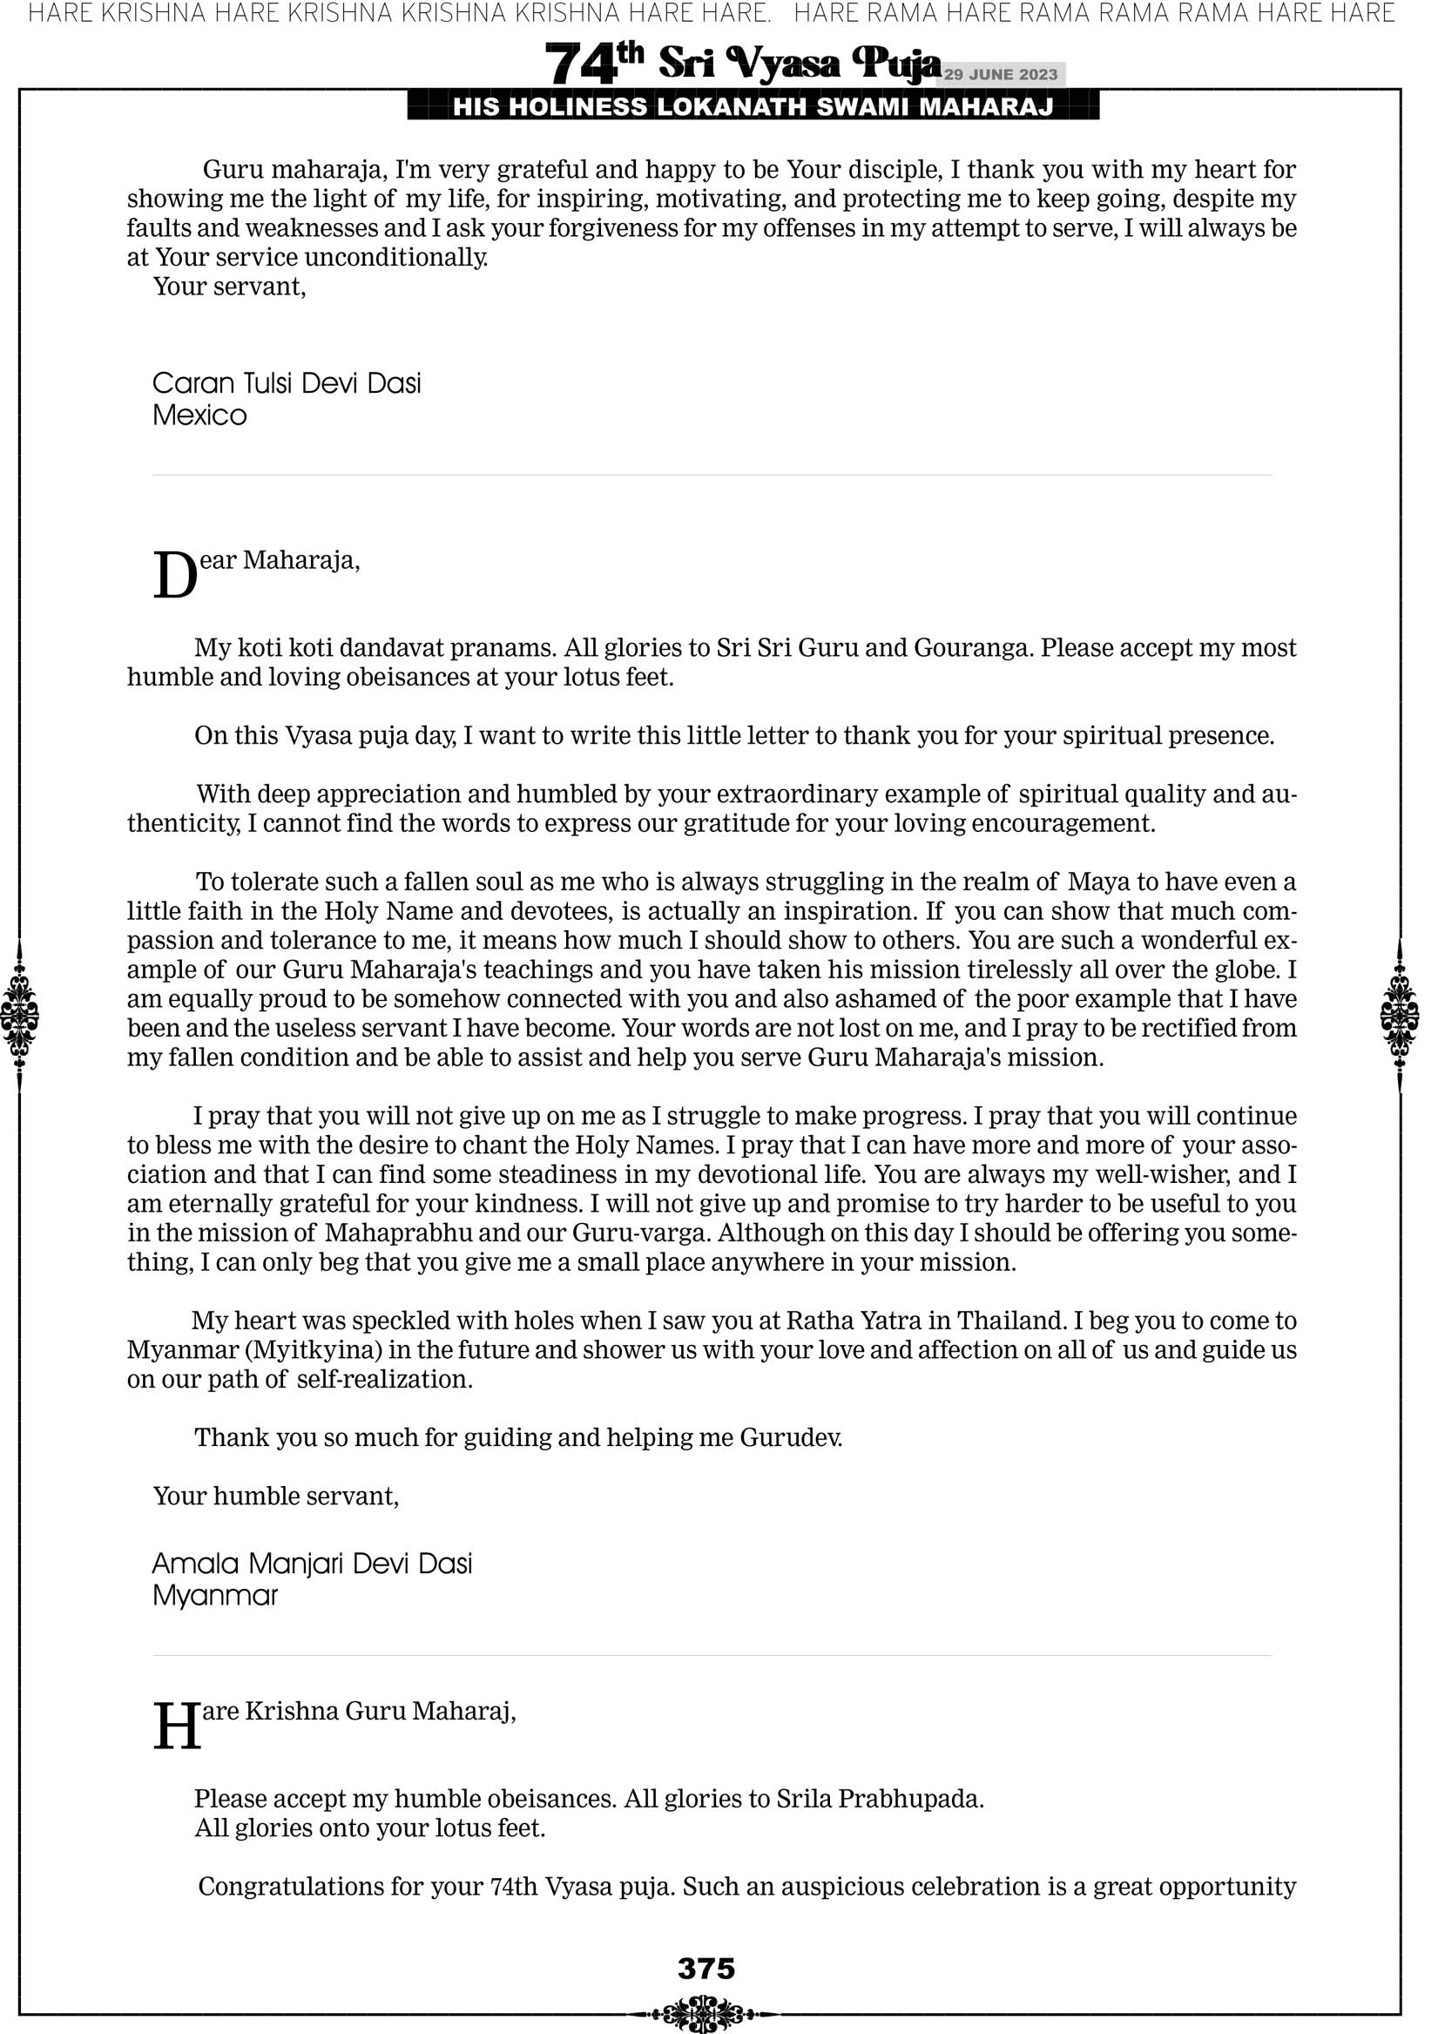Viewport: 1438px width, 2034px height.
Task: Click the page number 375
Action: (706, 1968)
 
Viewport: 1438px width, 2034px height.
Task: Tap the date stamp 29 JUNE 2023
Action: (1000, 74)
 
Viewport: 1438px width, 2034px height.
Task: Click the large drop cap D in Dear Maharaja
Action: (174, 576)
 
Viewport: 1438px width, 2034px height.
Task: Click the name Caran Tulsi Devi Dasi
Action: (287, 383)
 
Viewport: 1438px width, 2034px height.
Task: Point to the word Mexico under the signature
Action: (199, 416)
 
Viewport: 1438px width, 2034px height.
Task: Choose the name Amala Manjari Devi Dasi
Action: (312, 1563)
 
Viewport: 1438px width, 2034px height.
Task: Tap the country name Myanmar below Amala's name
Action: (215, 1596)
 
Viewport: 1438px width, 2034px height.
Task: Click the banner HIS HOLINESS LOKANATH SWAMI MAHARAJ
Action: (753, 107)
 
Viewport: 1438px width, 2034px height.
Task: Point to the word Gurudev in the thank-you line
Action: (790, 1437)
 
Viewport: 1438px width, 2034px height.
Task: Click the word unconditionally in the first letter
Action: (396, 258)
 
